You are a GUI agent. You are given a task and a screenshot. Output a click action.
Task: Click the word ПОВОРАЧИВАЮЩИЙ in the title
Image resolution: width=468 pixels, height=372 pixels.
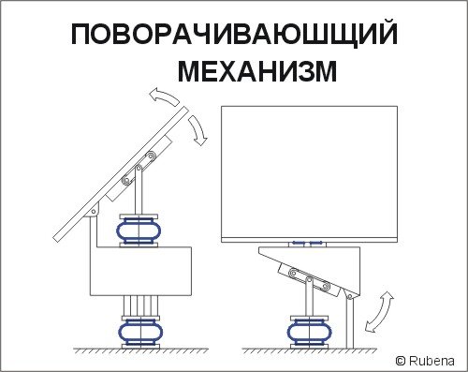coord(234,35)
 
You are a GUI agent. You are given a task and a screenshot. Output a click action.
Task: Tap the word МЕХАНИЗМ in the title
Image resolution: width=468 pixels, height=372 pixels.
coord(257,71)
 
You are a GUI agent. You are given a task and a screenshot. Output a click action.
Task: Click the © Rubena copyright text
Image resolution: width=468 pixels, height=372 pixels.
coord(425,361)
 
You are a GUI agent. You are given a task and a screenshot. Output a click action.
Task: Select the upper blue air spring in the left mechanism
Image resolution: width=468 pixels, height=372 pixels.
coord(139,231)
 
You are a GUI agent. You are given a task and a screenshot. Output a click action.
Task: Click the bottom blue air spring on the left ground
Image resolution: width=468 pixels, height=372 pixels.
coord(140,332)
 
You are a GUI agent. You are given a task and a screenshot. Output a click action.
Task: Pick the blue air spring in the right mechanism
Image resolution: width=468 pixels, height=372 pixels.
coord(310,331)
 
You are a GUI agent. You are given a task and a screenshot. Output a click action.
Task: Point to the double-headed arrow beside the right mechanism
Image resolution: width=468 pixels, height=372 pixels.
coord(378,311)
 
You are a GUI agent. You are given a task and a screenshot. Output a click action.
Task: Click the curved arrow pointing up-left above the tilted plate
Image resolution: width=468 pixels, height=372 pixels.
coord(163,96)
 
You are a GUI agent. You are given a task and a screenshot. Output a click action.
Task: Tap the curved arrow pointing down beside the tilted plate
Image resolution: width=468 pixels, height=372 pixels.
coord(197,129)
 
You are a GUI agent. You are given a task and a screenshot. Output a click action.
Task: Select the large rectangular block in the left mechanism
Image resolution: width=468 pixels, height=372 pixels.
coord(140,271)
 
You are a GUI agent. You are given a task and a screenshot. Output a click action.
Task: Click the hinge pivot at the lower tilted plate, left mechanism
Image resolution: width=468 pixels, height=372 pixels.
coord(94,211)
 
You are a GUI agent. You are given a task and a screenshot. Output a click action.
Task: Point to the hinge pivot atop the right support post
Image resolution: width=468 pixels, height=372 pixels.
coord(349,296)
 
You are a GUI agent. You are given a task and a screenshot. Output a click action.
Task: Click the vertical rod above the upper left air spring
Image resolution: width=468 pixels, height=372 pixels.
coord(139,190)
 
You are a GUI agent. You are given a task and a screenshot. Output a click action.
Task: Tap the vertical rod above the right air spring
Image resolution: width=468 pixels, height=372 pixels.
coord(309,298)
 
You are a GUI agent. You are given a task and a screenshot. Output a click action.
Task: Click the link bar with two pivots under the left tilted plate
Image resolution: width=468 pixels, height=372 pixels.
coord(139,168)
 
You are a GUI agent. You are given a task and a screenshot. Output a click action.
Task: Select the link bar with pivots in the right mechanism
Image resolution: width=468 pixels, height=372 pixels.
coord(309,279)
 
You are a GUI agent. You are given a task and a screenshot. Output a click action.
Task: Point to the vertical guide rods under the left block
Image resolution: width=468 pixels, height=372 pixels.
coord(140,306)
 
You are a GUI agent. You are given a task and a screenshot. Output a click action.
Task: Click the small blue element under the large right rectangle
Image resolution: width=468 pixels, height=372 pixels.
coord(307,243)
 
